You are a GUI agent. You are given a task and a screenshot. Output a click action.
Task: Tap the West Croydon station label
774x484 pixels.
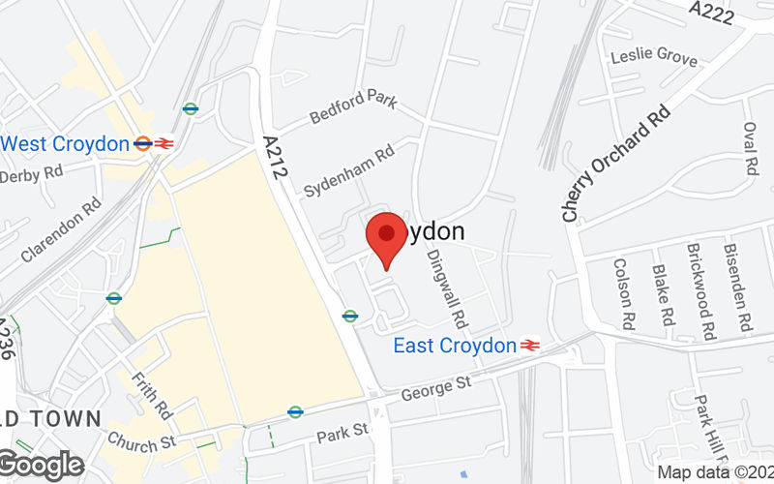pyautogui.click(x=65, y=144)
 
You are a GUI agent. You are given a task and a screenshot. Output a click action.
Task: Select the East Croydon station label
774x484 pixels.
pyautogui.click(x=454, y=346)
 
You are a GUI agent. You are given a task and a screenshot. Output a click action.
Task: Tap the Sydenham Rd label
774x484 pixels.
pyautogui.click(x=349, y=172)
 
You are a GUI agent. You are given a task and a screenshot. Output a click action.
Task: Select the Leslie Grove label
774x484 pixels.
pyautogui.click(x=653, y=57)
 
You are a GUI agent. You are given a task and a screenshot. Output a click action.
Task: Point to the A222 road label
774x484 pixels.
pyautogui.click(x=712, y=12)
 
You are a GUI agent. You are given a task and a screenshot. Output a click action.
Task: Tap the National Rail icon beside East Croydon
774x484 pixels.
pyautogui.click(x=530, y=346)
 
